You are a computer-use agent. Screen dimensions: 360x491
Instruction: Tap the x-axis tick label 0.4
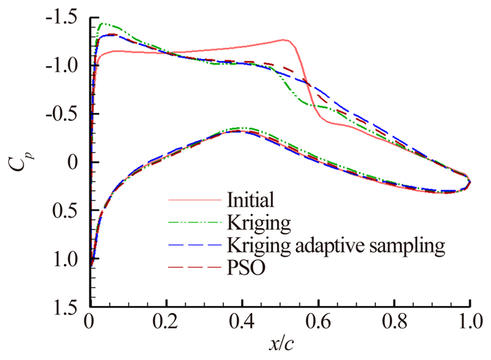click(x=242, y=324)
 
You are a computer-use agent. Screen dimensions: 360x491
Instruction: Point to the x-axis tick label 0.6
click(x=318, y=324)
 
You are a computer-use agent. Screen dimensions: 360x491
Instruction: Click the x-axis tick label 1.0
click(x=468, y=324)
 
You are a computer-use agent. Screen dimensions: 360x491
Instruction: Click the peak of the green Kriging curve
click(x=103, y=23)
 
